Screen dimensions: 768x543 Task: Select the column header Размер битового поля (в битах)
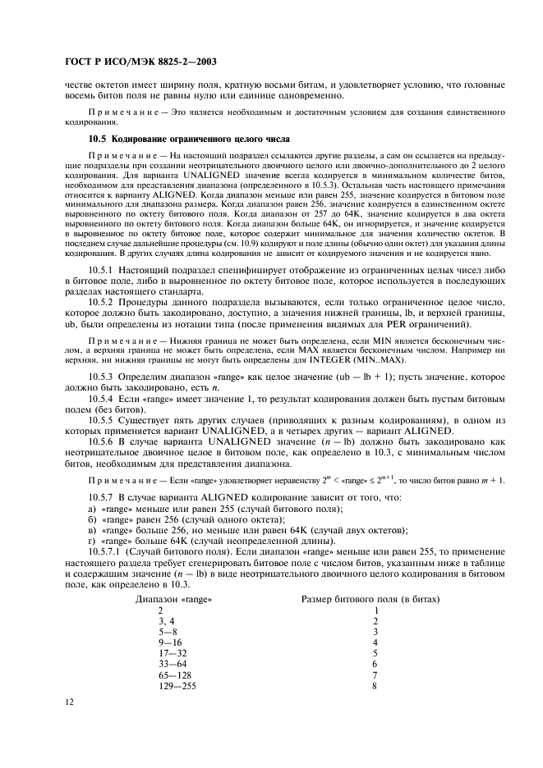click(370, 599)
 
